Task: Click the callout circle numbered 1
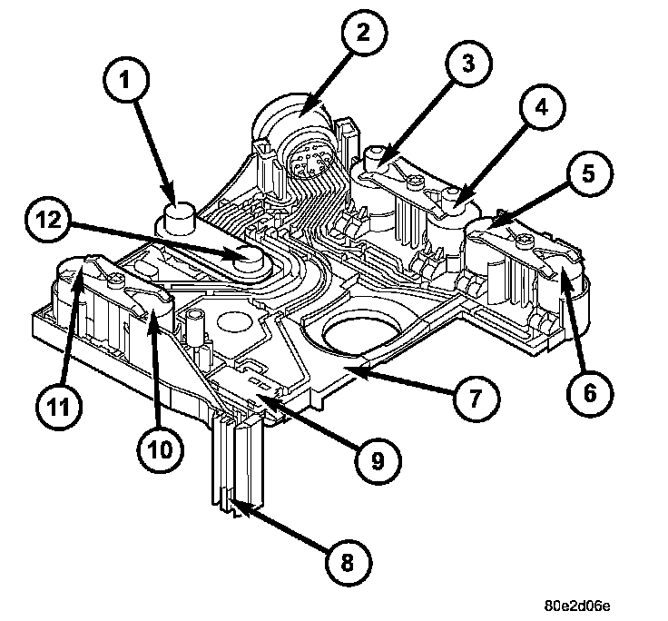(126, 80)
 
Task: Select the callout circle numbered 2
(364, 33)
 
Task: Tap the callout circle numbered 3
(468, 63)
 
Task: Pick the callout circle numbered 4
(542, 107)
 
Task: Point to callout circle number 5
(589, 173)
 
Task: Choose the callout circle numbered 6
(590, 392)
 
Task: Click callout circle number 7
(476, 398)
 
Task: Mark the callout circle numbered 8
(348, 562)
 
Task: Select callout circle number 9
(378, 460)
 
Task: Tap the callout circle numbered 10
(161, 449)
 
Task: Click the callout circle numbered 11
(59, 406)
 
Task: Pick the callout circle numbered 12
(48, 220)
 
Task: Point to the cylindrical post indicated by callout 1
(180, 218)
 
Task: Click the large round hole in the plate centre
(362, 335)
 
